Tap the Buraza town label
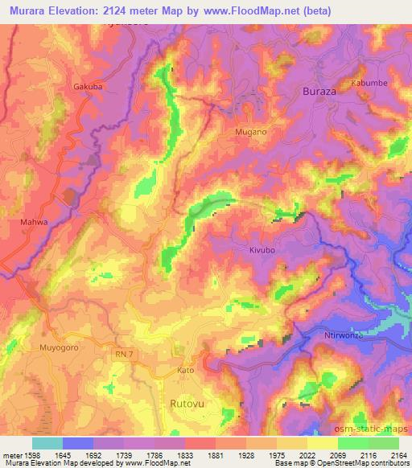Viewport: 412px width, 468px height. pyautogui.click(x=323, y=92)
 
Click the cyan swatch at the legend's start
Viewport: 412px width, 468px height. pyautogui.click(x=47, y=443)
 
